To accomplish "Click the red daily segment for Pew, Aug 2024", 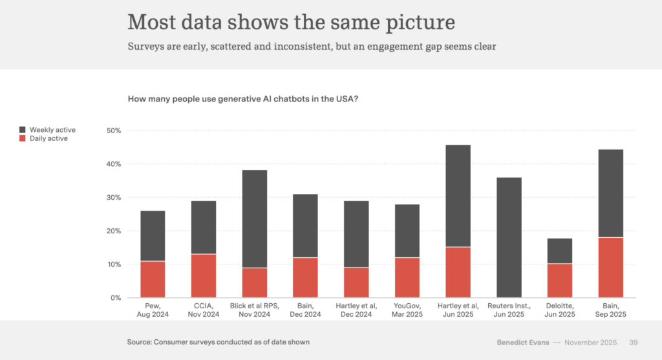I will tap(153, 279).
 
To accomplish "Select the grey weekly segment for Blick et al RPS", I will tap(255, 218).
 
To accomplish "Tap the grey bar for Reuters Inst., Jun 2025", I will tap(509, 237).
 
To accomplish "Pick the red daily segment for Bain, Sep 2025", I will tap(611, 268).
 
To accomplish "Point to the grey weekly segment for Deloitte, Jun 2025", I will tap(560, 251).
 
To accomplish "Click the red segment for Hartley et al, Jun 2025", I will tap(458, 272).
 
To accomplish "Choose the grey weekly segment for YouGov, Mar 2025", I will tap(407, 231).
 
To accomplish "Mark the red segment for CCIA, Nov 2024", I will tap(204, 276).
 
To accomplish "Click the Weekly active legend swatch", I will tap(23, 130).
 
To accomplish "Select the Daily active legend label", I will tap(48, 138).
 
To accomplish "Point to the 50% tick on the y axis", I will tap(114, 131).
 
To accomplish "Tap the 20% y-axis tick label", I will tap(114, 231).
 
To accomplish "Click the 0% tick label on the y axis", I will tap(116, 298).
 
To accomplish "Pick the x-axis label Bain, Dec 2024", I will tap(305, 310).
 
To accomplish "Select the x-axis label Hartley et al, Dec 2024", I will tap(356, 310).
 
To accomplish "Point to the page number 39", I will tap(634, 342).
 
